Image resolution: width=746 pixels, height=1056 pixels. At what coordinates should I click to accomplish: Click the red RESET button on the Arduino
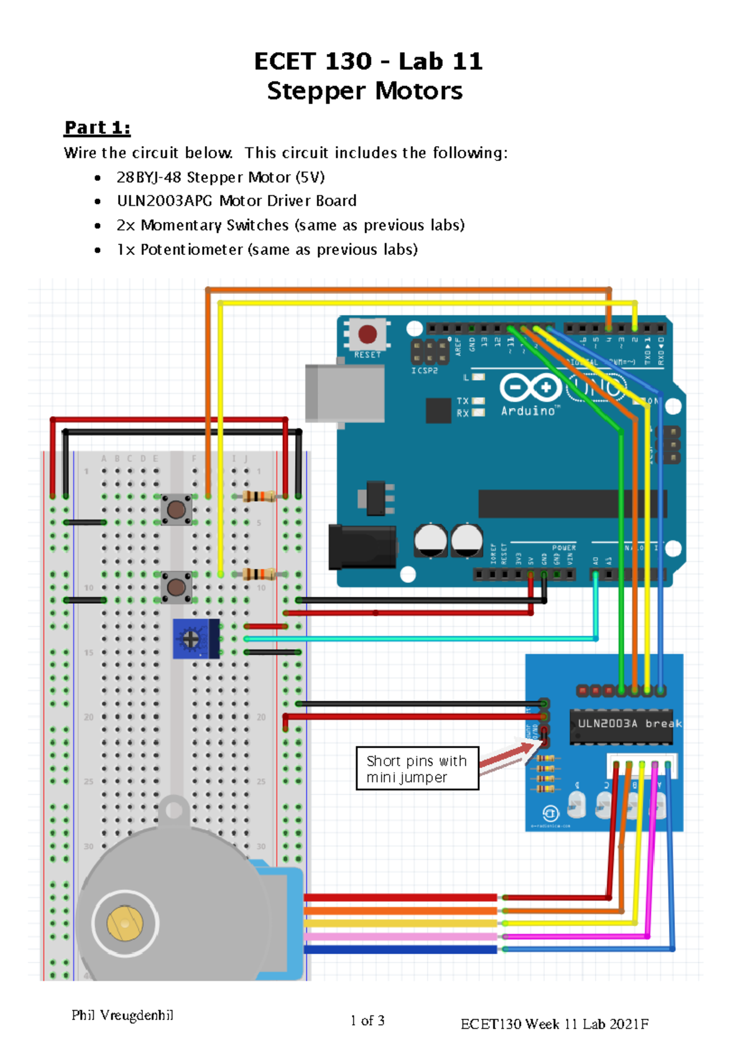tap(367, 334)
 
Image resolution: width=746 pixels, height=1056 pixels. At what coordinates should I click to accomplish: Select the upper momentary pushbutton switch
tap(177, 510)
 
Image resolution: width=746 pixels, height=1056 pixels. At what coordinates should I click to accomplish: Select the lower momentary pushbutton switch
tap(177, 587)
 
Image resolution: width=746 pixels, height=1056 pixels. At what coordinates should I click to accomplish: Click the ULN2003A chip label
tap(607, 723)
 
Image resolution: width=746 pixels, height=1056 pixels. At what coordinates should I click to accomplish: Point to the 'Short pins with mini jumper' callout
tap(417, 769)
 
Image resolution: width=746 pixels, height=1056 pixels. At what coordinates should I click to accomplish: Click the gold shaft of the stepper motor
tap(125, 923)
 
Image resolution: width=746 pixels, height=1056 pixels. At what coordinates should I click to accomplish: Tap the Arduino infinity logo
tap(530, 388)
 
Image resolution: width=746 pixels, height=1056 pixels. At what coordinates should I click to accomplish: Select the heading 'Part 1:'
tap(97, 127)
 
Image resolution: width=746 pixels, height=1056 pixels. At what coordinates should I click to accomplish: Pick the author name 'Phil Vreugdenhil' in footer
tap(122, 1015)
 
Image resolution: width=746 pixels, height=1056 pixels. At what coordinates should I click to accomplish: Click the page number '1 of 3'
tap(367, 1021)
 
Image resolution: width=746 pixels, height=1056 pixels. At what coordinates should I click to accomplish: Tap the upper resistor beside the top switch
tap(259, 496)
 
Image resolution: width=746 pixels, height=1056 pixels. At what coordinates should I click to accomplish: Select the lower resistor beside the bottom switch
tap(259, 573)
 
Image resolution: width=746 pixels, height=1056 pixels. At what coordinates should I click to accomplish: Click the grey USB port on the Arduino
tap(344, 393)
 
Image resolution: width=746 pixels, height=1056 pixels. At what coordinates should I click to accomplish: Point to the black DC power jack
tap(362, 547)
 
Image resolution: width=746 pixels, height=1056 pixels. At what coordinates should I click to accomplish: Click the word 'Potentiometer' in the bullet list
tap(191, 249)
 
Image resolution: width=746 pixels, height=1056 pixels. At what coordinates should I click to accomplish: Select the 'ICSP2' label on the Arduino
tap(425, 371)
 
